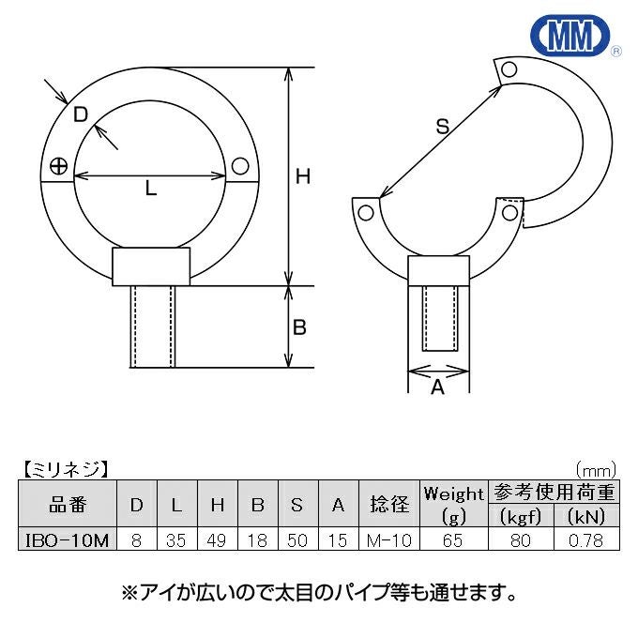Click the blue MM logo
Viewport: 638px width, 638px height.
570,35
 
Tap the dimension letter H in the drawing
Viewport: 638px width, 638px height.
303,176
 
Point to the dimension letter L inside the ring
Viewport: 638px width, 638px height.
151,188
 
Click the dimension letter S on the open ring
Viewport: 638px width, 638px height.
443,126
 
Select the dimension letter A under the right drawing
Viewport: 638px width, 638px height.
438,387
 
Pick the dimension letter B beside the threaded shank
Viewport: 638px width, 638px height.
299,327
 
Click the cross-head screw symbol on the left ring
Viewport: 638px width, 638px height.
58,166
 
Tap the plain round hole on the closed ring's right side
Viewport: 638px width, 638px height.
240,166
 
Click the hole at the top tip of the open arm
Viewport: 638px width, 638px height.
509,69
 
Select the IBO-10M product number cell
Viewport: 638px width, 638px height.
68,540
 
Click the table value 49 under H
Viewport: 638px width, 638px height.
217,540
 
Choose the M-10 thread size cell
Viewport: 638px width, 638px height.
389,540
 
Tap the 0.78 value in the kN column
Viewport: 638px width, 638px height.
585,540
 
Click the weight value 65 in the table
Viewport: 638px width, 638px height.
453,540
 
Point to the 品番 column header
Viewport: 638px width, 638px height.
68,505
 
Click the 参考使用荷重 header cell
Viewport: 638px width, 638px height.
554,493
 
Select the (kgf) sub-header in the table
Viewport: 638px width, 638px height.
521,516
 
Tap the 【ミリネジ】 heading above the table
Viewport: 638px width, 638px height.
65,469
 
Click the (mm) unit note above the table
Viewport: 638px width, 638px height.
596,470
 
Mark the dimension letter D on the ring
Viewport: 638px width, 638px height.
81,114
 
